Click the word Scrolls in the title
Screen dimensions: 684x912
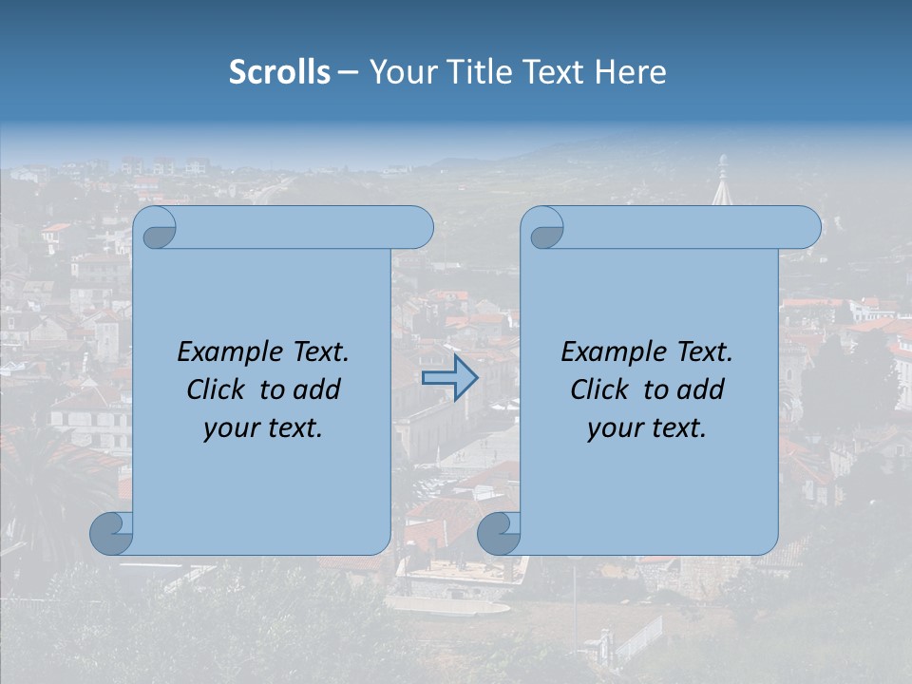[x=280, y=72]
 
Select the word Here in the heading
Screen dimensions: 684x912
[x=630, y=72]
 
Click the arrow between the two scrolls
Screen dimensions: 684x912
[x=449, y=378]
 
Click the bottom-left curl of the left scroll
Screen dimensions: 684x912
[x=111, y=533]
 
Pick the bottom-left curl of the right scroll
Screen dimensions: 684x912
[x=499, y=533]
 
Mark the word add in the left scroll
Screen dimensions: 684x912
[x=318, y=389]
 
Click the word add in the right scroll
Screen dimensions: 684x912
[x=702, y=389]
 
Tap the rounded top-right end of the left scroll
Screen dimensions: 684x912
[x=419, y=228]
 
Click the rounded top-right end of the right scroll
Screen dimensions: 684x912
[x=807, y=228]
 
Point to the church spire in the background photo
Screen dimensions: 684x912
[x=723, y=185]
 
